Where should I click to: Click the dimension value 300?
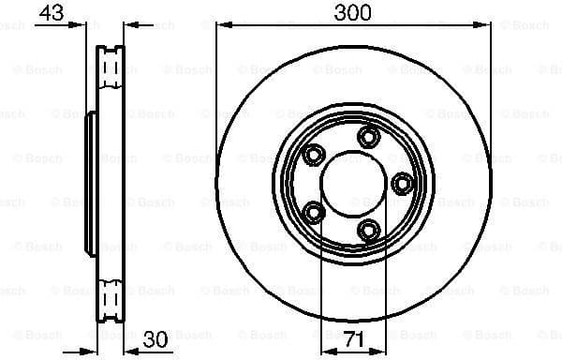coord(352,12)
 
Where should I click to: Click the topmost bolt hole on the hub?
coord(367,138)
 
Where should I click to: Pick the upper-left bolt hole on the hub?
coord(313,155)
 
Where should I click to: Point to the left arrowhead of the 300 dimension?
coord(222,25)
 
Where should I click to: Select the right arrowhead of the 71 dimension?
coord(378,348)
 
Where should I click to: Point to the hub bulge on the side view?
coord(90,183)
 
